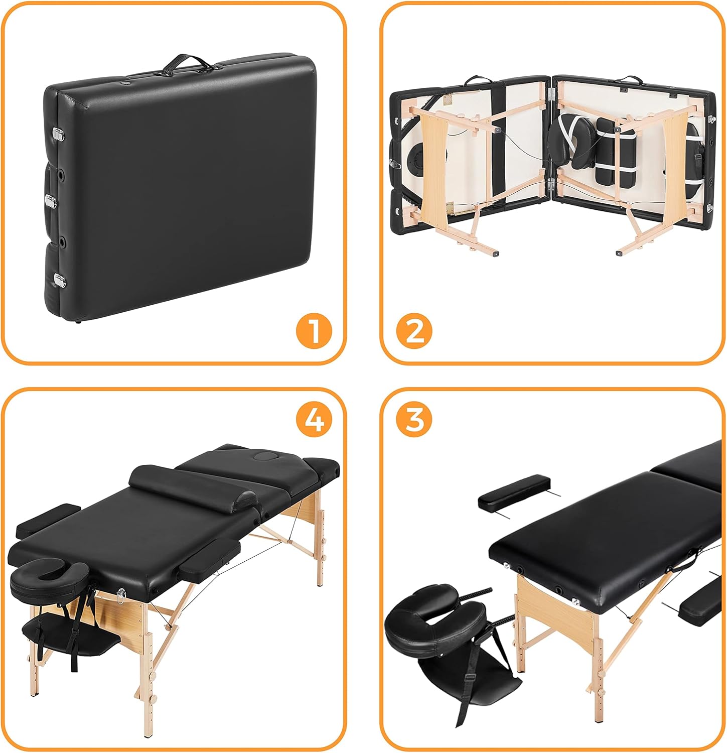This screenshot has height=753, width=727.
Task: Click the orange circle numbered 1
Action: point(314,330)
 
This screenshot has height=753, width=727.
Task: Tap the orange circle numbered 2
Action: point(414,330)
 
